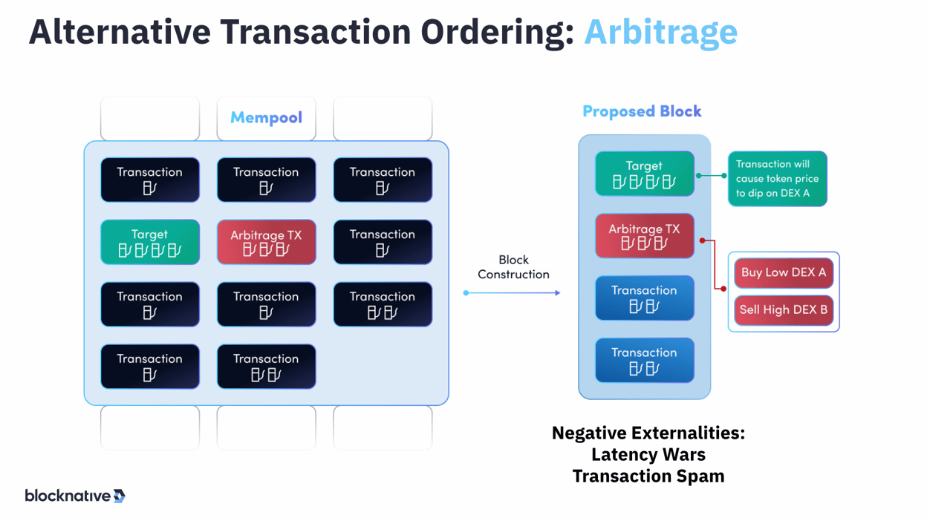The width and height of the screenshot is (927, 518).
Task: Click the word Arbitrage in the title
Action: pos(660,32)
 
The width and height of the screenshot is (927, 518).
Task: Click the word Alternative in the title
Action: pos(119,32)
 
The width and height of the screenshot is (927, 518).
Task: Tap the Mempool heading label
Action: pos(266,117)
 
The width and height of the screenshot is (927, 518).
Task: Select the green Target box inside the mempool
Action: pos(150,242)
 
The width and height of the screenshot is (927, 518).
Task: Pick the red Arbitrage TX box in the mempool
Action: pos(266,242)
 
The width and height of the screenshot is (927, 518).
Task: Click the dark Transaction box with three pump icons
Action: pos(383,304)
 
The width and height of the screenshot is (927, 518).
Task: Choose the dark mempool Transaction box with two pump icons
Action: pos(266,367)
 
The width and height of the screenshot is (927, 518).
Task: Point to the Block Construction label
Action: pos(513,267)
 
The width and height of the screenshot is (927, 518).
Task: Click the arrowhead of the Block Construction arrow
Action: pos(557,293)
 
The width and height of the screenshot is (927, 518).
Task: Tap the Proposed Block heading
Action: pos(642,111)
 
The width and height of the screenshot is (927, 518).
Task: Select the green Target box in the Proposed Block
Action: pos(644,174)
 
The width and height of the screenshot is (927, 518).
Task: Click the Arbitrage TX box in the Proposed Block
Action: pos(644,236)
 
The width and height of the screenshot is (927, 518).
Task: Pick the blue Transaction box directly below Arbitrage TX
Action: pos(644,298)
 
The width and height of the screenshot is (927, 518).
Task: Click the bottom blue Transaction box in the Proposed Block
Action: pos(644,361)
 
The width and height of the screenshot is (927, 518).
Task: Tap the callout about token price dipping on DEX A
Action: pos(777,179)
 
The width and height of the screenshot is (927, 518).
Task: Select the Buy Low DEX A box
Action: pos(784,272)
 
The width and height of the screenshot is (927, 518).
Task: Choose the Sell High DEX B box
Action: pos(784,310)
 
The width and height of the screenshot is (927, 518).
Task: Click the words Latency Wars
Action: pos(648,454)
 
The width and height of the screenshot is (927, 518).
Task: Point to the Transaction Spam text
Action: pos(648,476)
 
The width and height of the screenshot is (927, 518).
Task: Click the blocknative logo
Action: pos(75,496)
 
